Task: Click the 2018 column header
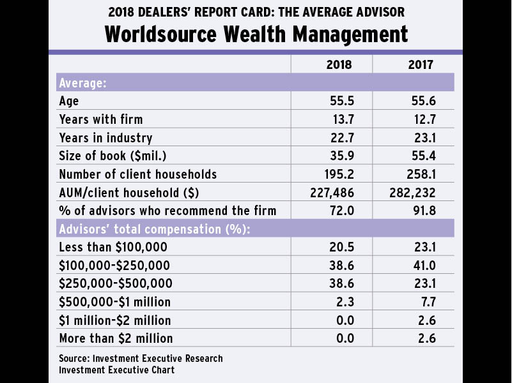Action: coord(339,64)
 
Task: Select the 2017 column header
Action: coord(421,64)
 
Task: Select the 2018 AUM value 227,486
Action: coord(332,192)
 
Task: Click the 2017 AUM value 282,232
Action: coord(414,192)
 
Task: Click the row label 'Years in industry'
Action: coord(105,138)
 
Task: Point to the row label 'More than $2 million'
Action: coord(116,338)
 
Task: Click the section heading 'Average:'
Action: coord(82,83)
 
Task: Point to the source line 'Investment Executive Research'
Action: coord(141,358)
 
